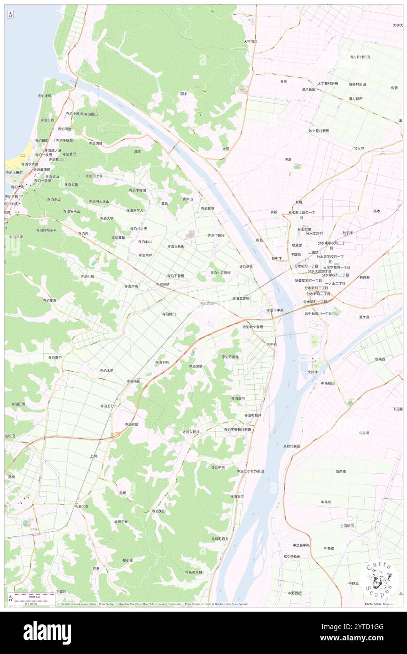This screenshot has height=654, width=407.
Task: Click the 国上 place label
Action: click(184, 94)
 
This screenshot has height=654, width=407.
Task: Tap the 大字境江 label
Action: click(250, 42)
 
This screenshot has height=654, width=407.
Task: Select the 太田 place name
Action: click(226, 149)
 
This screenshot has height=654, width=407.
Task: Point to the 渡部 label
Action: click(137, 152)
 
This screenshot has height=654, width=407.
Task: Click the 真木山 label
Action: click(188, 199)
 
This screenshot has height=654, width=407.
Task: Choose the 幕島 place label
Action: click(164, 203)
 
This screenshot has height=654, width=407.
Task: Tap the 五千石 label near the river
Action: click(272, 345)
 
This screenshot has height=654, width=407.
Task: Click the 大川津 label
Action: click(313, 372)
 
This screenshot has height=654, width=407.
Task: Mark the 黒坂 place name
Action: click(122, 493)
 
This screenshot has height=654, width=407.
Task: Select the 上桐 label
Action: click(94, 456)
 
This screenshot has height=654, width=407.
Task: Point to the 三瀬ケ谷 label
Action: click(121, 521)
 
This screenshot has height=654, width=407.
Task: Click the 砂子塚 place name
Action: click(347, 232)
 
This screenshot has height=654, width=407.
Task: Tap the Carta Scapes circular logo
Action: click(379, 579)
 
